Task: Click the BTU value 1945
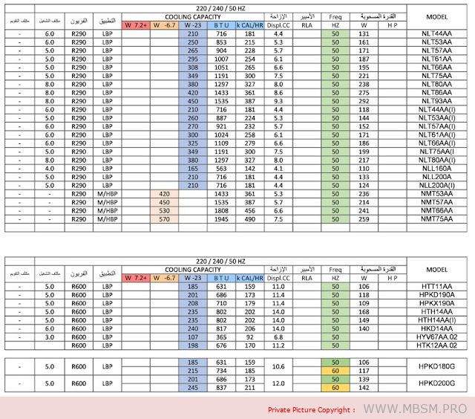coord(220,219)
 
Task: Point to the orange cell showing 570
coord(165,219)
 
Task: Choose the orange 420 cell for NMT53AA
coord(165,193)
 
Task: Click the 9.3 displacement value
coord(278,100)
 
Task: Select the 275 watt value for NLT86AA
coord(364,92)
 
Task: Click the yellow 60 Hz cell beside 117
coord(335,370)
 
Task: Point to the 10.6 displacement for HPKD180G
coord(278,366)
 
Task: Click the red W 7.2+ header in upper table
coord(136,25)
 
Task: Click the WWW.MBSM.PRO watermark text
coord(418,409)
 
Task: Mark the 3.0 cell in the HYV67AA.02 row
coord(50,337)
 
